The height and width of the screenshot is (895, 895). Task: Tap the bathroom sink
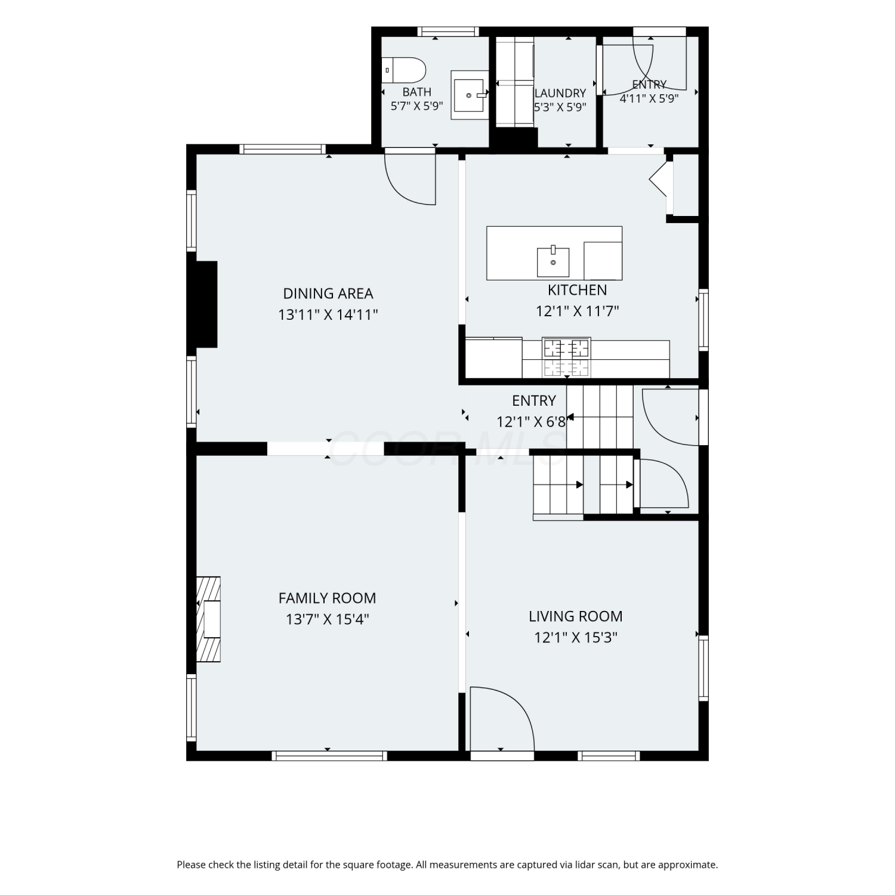click(x=470, y=95)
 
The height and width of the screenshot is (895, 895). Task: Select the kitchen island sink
click(x=553, y=261)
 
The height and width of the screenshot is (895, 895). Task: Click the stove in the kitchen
click(x=566, y=357)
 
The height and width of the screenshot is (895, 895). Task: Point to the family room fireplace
click(x=208, y=619)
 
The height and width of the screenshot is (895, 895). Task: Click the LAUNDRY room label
click(x=560, y=93)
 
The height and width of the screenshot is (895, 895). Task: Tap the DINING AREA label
click(x=328, y=294)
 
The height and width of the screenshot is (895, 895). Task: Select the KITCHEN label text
click(x=577, y=290)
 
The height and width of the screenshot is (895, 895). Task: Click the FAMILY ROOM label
click(x=328, y=598)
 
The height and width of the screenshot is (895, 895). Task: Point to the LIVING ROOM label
click(x=575, y=616)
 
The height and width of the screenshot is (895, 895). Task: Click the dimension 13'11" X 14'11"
click(x=328, y=314)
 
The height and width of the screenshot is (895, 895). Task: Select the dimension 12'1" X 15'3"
click(x=576, y=637)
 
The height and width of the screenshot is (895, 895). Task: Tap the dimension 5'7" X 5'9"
click(x=417, y=106)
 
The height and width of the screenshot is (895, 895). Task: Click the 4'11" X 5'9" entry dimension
click(x=649, y=98)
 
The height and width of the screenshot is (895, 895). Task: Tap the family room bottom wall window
click(x=329, y=756)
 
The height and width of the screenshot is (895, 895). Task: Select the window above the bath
click(x=447, y=32)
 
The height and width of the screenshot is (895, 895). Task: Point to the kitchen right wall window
click(x=703, y=320)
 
